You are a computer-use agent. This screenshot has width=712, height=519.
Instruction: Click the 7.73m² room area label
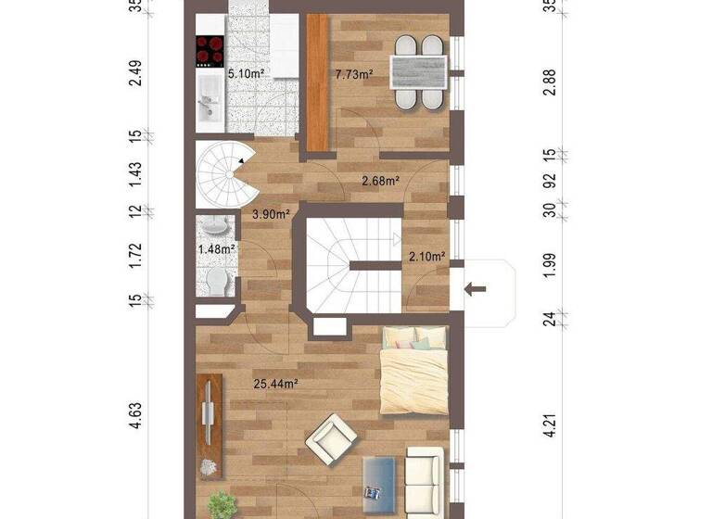coord(353,74)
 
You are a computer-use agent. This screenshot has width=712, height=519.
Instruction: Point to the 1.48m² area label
coord(216,248)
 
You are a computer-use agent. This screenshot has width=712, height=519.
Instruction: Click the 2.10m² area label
coord(427,256)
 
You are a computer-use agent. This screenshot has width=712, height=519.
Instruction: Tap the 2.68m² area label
coord(380,181)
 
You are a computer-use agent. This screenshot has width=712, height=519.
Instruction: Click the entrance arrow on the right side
coord(475,289)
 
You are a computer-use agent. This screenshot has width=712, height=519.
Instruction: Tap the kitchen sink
coord(208,102)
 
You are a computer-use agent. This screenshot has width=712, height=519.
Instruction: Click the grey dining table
coord(418,71)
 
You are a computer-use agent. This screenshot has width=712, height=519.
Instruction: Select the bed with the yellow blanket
coord(414,373)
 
